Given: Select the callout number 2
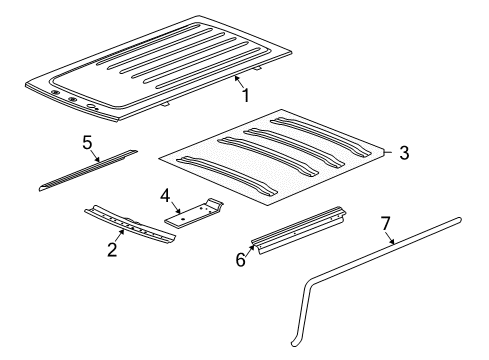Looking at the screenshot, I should [x=111, y=249].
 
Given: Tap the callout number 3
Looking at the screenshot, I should [x=403, y=153].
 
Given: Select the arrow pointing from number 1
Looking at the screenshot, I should [x=236, y=85].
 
